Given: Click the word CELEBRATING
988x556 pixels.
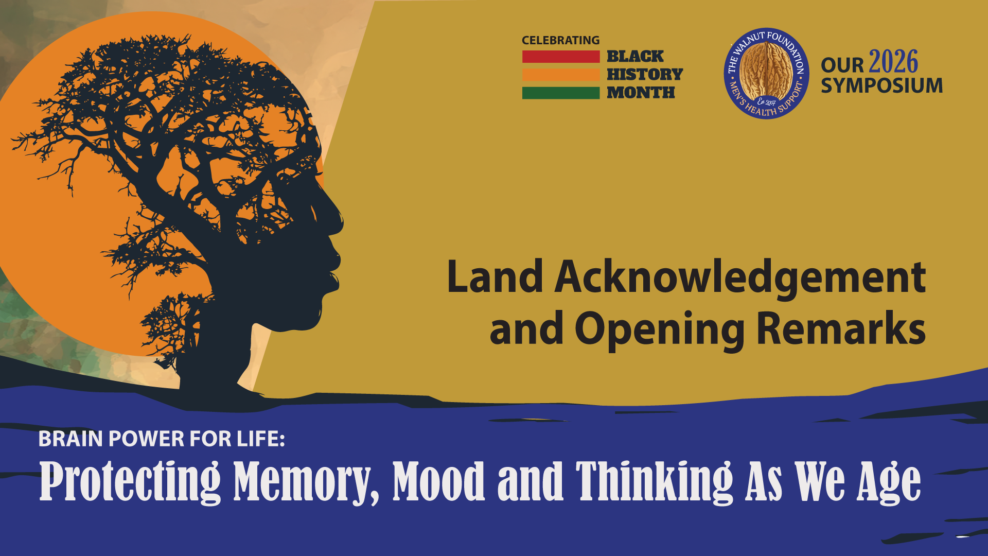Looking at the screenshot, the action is [x=560, y=40].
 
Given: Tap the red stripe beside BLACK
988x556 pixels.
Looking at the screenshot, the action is [x=561, y=57].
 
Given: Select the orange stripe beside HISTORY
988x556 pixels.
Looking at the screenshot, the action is [x=561, y=75].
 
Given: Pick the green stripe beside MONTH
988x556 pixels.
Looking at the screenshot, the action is [x=561, y=93].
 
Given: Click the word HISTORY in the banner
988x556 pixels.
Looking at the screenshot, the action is [x=645, y=74].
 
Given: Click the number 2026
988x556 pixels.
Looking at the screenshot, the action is [x=893, y=62].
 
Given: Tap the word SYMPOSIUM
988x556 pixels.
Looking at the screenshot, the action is [x=881, y=85].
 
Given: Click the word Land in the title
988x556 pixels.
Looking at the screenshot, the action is [x=495, y=276].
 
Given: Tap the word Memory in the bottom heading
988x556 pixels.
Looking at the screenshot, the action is [x=307, y=482].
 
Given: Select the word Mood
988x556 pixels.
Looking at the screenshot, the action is [x=438, y=481].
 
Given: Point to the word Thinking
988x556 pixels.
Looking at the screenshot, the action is [x=654, y=482].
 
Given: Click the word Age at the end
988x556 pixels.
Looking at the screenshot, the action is [x=889, y=482].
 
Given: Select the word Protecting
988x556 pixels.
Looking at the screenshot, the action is [x=130, y=482].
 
